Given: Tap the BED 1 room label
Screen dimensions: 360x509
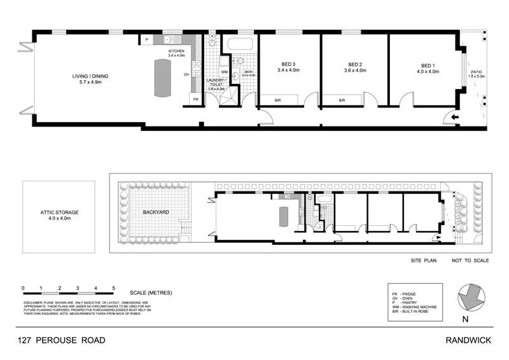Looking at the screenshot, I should coord(429,65).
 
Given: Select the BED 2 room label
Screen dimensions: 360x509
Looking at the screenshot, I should coord(355,65).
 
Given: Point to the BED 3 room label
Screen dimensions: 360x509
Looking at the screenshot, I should coord(288,65).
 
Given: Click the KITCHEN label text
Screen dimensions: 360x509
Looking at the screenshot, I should coord(176,51).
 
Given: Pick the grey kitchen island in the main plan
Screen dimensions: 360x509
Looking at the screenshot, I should coord(163,78).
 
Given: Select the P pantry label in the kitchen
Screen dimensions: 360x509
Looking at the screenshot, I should coord(147,40).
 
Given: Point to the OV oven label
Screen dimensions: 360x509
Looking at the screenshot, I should coord(186,74).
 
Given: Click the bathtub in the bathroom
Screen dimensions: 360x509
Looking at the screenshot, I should coord(239,46).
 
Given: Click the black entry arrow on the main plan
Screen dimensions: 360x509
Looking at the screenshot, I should coord(454,118).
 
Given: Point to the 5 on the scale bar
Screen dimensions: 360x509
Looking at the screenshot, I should coord(114,289).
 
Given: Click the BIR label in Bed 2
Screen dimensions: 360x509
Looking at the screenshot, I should coord(342,100).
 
